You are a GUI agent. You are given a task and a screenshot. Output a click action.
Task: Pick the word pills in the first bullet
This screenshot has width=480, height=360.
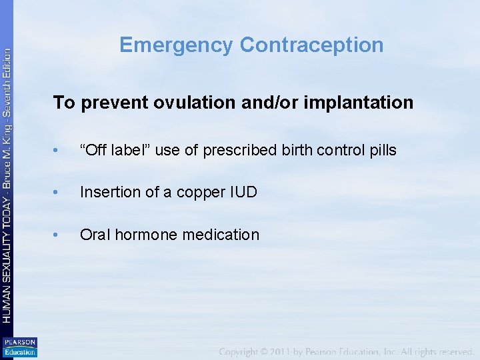coord(382,151)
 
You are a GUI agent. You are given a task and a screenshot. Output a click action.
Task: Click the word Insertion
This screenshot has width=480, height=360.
coord(107,193)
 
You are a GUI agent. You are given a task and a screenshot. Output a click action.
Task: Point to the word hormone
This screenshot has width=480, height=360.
coord(147,235)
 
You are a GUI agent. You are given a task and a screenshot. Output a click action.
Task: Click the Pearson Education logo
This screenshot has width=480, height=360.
coord(19,347)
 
